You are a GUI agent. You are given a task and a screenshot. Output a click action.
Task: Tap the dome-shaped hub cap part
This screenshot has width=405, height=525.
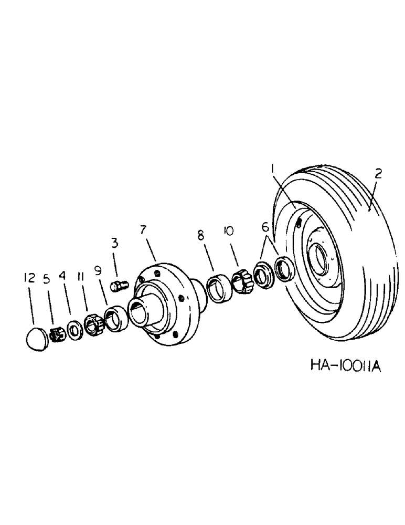coord(36,339)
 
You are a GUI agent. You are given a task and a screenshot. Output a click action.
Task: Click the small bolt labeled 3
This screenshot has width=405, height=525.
coord(116,286)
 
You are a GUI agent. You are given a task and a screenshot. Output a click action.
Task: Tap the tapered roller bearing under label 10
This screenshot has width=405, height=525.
coord(242,280)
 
